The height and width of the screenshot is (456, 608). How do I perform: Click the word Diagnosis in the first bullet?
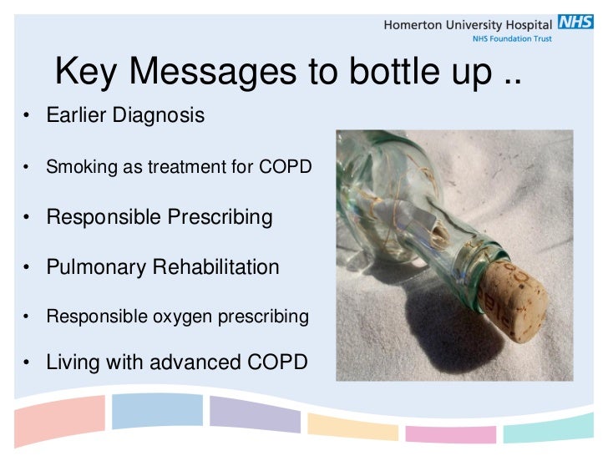[x=160, y=115]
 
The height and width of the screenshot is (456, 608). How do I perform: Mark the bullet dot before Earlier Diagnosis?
[x=27, y=115]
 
